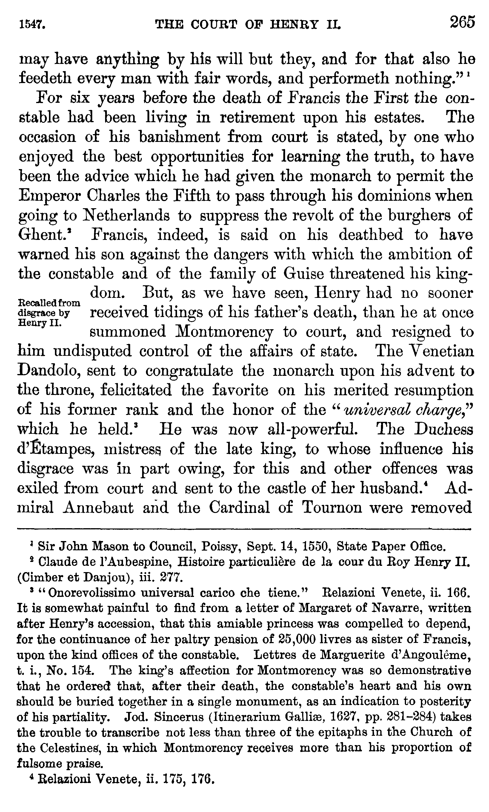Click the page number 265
click(462, 23)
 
